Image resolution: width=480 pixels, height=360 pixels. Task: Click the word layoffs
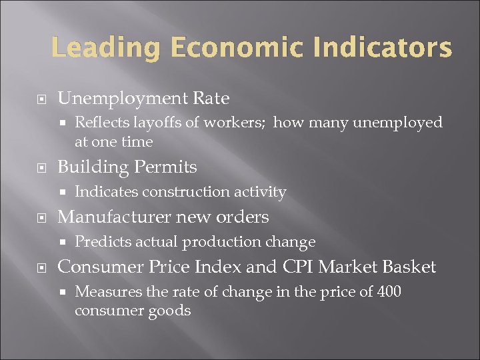click(x=157, y=123)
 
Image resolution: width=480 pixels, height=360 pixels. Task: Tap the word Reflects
click(x=101, y=123)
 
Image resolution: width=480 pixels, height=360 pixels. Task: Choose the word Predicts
click(x=100, y=241)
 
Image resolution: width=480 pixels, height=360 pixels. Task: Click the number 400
click(x=389, y=292)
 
